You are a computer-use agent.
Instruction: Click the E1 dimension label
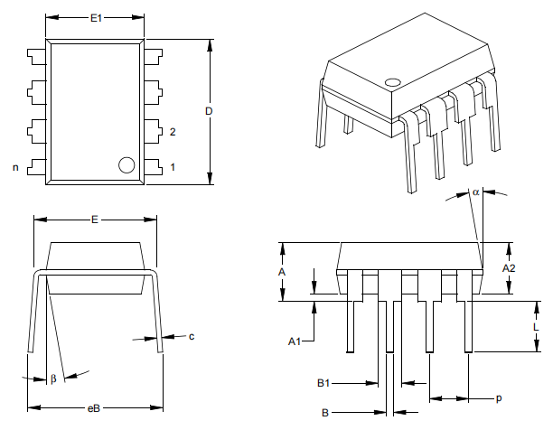[x=96, y=17]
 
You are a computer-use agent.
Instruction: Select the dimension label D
[x=209, y=111]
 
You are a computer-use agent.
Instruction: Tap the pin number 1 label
[x=173, y=167]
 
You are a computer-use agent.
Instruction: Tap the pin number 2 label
[x=173, y=132]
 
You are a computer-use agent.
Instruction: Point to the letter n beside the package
[x=15, y=167]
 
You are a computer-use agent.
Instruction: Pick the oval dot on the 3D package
[x=392, y=83]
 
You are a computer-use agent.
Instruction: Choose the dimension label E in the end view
[x=94, y=220]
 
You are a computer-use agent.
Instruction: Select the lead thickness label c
[x=191, y=337]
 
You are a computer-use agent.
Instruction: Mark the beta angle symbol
[x=53, y=379]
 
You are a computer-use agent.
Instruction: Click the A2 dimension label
[x=509, y=268]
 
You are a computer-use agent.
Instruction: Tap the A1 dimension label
[x=294, y=341]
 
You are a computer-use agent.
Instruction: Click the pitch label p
[x=498, y=397]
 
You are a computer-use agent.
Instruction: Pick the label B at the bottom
[x=324, y=413]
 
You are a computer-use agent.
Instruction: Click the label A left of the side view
[x=282, y=271]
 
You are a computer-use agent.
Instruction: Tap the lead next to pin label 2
[x=152, y=129]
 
